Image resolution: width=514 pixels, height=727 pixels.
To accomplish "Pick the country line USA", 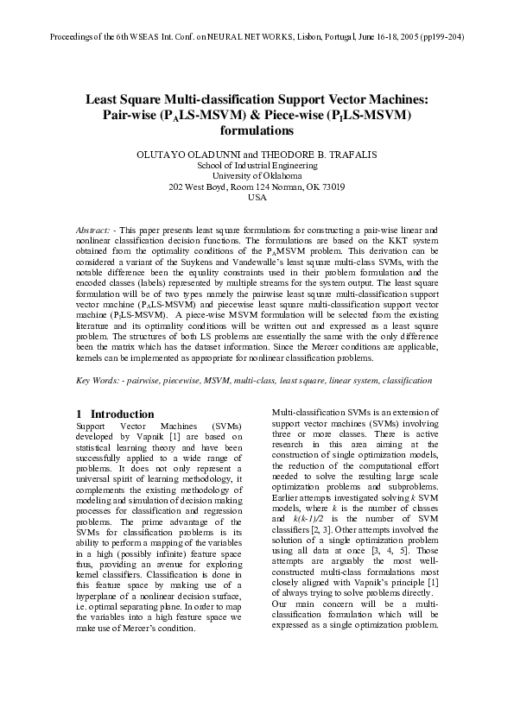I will (x=257, y=197).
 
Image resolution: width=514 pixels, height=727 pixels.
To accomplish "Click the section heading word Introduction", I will (x=123, y=414).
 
